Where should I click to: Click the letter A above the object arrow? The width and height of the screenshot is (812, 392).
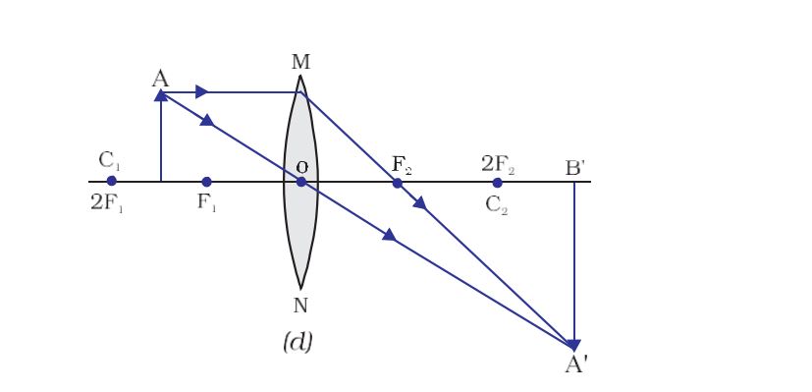[160, 79]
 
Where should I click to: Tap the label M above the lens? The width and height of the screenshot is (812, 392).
[300, 62]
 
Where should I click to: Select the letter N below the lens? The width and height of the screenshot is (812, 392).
[300, 305]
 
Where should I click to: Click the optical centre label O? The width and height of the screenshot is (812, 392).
[301, 168]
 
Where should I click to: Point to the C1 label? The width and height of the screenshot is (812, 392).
[109, 161]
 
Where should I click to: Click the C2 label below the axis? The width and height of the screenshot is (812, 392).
[497, 205]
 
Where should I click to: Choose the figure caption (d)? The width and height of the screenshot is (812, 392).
[297, 343]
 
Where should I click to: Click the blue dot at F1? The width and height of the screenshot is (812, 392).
[206, 182]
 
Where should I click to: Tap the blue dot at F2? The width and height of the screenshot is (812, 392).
[398, 182]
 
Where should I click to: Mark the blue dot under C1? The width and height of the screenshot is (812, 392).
[111, 182]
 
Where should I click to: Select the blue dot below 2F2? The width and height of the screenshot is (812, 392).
[497, 182]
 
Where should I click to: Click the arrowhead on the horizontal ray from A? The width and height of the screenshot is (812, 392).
[201, 92]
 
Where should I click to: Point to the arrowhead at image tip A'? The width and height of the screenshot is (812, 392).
[574, 344]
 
